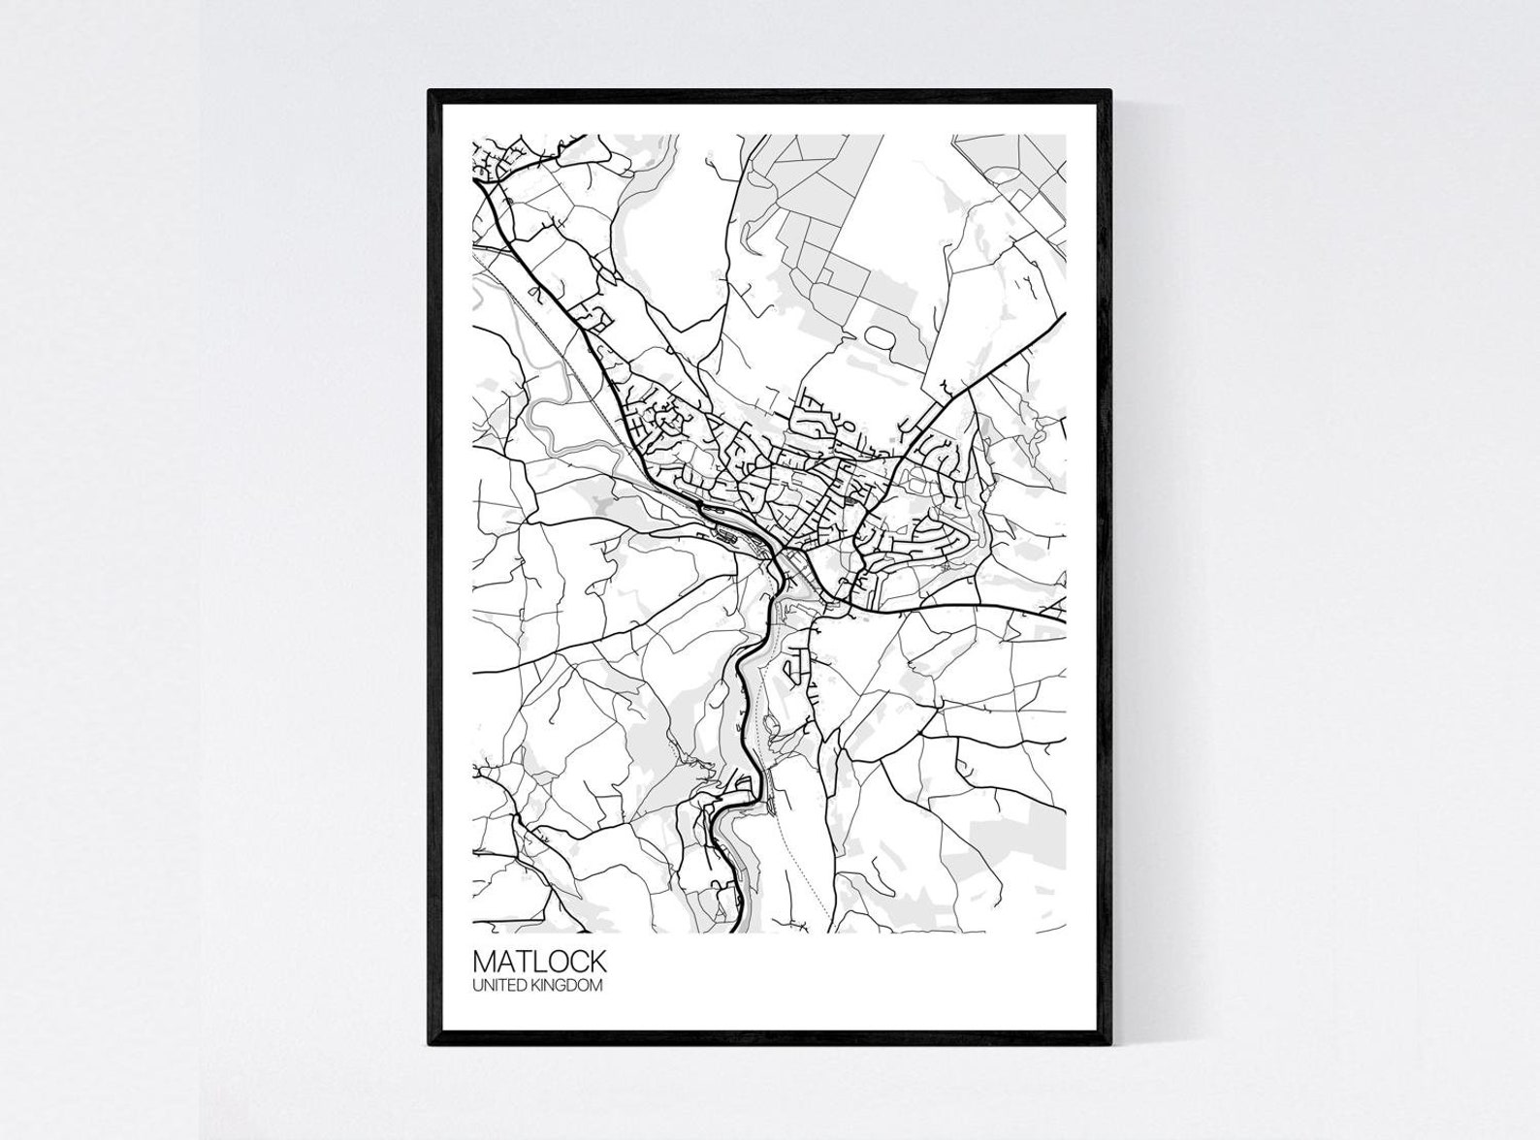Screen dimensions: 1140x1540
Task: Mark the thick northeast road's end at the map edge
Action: [x=1065, y=318]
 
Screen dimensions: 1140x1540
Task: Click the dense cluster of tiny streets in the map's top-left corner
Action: [x=492, y=160]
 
